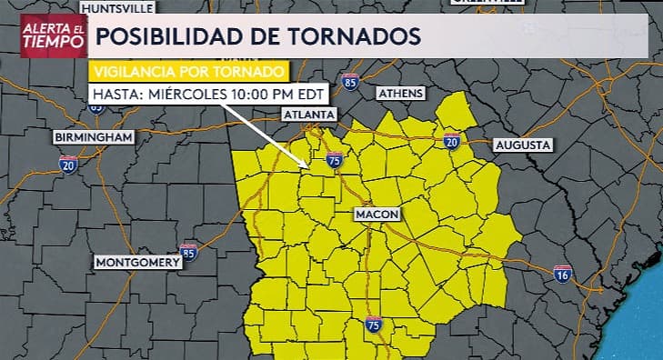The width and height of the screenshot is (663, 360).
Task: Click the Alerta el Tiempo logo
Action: pyautogui.click(x=53, y=37)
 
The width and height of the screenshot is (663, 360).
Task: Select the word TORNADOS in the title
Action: pyautogui.click(x=360, y=36)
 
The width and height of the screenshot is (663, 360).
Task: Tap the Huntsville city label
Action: pyautogui.click(x=119, y=8)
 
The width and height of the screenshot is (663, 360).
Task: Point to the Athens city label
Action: pyautogui.click(x=401, y=94)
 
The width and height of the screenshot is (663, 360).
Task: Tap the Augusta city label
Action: pyautogui.click(x=522, y=145)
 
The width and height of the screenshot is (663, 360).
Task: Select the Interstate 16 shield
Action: pyautogui.click(x=563, y=274)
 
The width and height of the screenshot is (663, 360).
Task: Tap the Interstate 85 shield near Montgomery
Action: pyautogui.click(x=188, y=251)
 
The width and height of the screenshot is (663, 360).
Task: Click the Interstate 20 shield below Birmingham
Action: pyautogui.click(x=68, y=164)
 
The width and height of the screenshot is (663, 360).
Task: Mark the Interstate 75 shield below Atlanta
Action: pyautogui.click(x=334, y=160)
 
